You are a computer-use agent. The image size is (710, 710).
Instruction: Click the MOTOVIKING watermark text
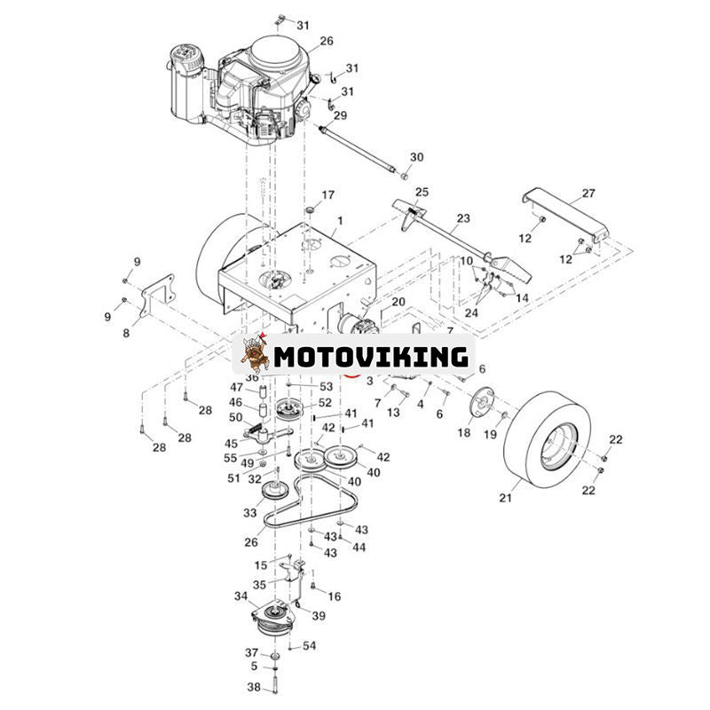pos(370,357)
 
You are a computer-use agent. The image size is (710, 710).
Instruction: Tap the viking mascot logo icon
pos(255,354)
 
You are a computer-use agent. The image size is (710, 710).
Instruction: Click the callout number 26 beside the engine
pos(327,41)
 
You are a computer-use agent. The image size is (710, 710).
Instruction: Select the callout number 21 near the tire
pos(505,499)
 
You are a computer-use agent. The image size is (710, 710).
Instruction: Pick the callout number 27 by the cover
pos(588,193)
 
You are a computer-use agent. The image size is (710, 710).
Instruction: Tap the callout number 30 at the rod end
pos(416,157)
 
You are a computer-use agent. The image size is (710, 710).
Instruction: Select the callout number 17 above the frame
pos(328,194)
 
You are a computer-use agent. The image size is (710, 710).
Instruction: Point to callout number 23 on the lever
pos(463,217)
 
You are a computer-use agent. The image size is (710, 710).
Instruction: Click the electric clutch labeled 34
pos(276,617)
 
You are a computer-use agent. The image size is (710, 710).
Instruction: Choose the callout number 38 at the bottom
pos(254,687)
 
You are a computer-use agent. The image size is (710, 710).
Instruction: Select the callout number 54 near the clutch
pos(309,645)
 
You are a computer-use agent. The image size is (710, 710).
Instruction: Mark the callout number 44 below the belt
pos(359,548)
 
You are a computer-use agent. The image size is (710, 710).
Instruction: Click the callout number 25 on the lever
pos(422,193)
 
